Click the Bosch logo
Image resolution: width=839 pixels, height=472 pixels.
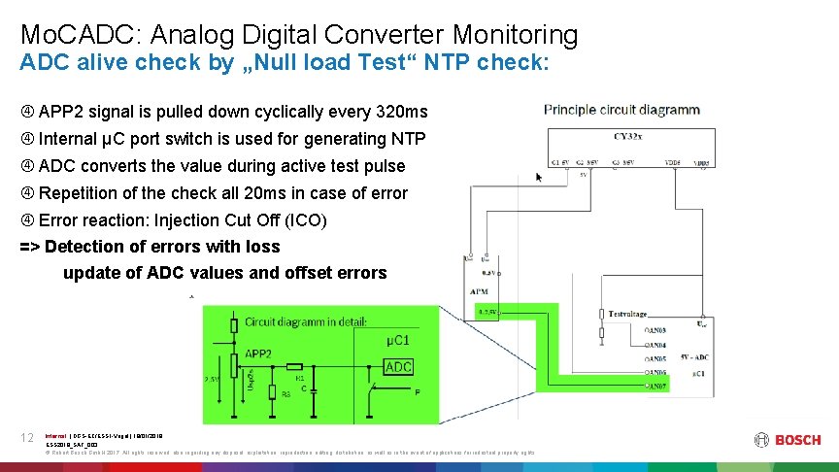pyautogui.click(x=788, y=440)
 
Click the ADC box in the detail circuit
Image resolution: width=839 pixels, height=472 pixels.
pyautogui.click(x=399, y=366)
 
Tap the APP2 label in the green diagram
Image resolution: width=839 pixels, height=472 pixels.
pyautogui.click(x=257, y=354)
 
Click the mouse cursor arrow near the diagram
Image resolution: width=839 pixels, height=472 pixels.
pyautogui.click(x=540, y=177)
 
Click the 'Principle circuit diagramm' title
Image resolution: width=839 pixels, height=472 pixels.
pyautogui.click(x=621, y=110)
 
